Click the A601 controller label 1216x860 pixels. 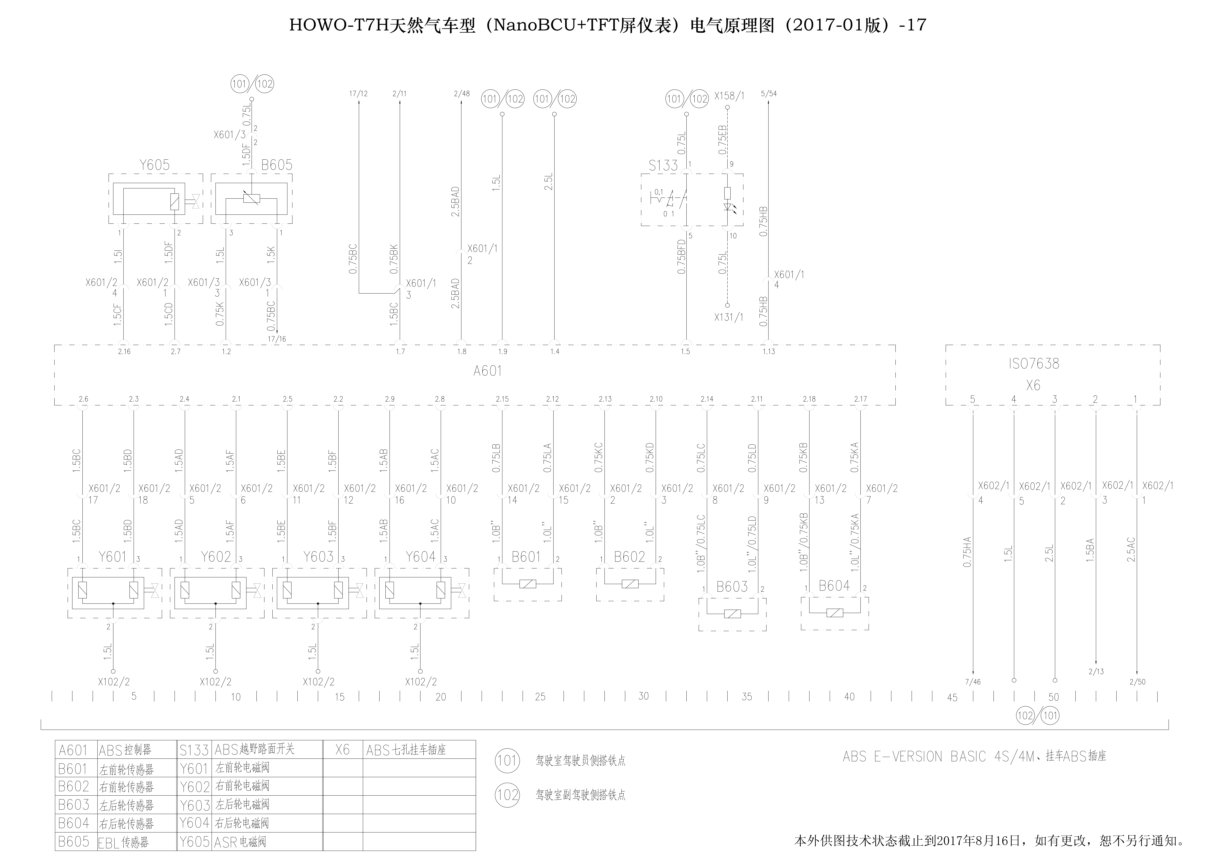point(487,371)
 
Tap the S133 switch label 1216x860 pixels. point(663,166)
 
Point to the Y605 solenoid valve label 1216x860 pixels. point(155,165)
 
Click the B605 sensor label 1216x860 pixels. point(276,165)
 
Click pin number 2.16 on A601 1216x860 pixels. point(124,352)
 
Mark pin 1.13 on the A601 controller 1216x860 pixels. point(768,352)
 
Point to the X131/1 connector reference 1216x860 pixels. point(729,317)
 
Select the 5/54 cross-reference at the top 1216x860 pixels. point(768,94)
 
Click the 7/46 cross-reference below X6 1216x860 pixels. point(973,682)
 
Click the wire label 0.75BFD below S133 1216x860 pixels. point(682,257)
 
